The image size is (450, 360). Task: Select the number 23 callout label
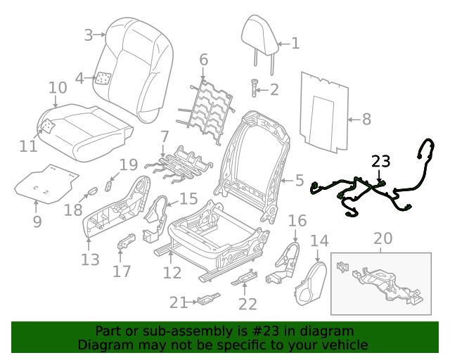tap(380, 162)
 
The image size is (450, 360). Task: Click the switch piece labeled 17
tap(126, 241)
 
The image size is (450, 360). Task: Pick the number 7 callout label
tap(165, 135)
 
